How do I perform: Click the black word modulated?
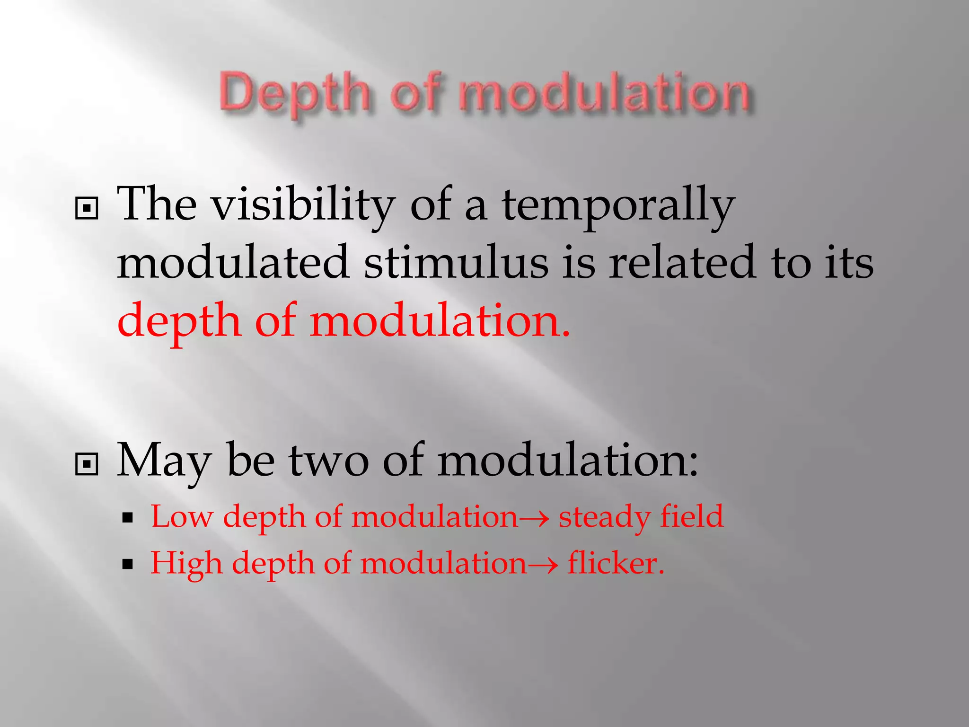[x=233, y=263]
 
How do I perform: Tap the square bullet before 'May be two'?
[x=87, y=464]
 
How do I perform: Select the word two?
[x=329, y=460]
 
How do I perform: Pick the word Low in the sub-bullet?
[x=182, y=516]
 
